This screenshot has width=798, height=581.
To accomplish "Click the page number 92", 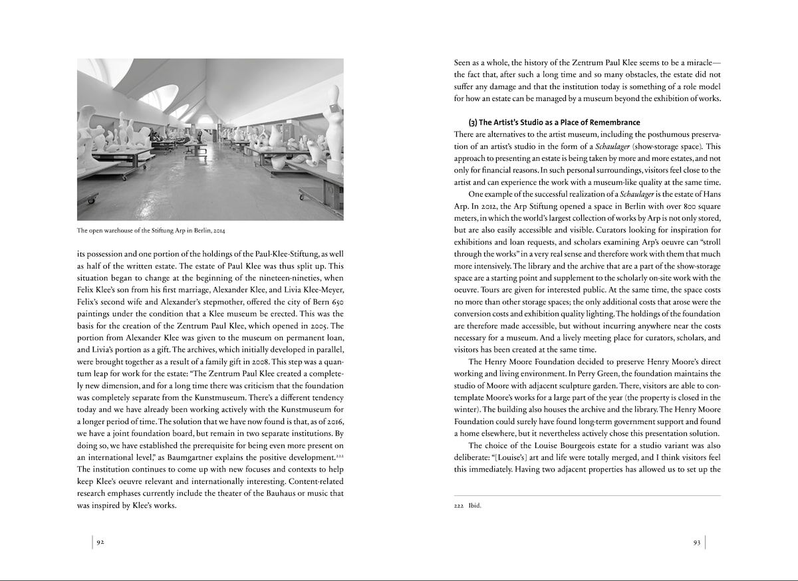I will [100, 542].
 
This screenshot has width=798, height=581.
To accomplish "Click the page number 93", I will [697, 542].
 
